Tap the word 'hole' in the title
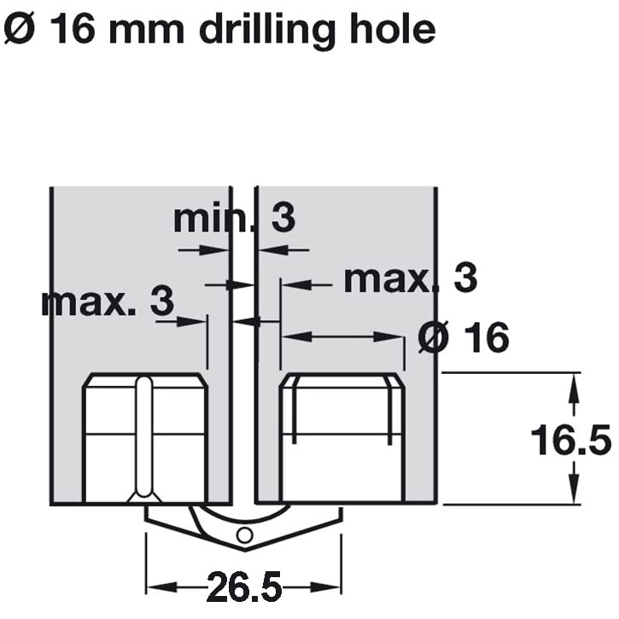(393, 27)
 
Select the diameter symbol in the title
(20, 28)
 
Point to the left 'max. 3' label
(108, 301)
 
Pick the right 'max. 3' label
(411, 278)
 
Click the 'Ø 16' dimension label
(464, 337)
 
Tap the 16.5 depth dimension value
(571, 440)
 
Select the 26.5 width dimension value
(244, 587)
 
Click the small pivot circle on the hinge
(245, 535)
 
